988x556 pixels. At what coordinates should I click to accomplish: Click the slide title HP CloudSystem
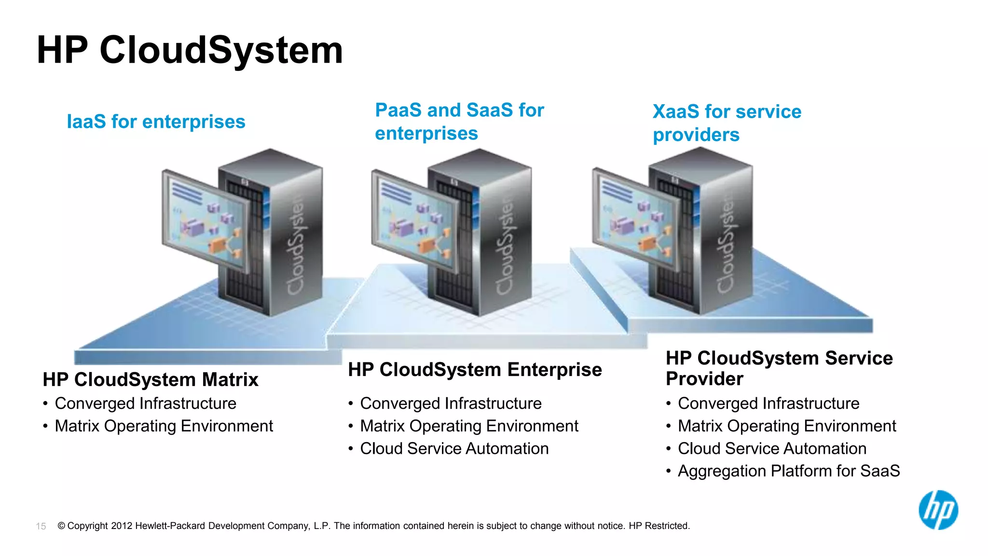click(x=190, y=50)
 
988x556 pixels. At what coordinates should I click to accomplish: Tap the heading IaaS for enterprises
click(x=156, y=122)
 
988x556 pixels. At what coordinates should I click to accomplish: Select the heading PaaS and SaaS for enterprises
click(x=459, y=122)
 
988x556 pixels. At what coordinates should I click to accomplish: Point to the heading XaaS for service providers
click(x=727, y=123)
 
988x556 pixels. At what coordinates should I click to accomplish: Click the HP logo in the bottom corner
click(x=938, y=510)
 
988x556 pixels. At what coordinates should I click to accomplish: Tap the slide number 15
click(x=41, y=526)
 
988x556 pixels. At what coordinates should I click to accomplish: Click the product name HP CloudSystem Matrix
click(x=151, y=380)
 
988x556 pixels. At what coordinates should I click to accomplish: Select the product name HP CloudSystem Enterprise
click(x=475, y=370)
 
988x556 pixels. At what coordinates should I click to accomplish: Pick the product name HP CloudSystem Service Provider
click(x=779, y=368)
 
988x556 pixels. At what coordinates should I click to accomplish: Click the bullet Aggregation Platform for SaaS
click(x=788, y=471)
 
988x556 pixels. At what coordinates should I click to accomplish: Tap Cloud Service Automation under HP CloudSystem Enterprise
click(x=454, y=449)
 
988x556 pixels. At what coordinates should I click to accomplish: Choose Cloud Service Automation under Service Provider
click(x=772, y=449)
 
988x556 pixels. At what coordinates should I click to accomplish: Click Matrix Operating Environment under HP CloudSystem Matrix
click(x=164, y=426)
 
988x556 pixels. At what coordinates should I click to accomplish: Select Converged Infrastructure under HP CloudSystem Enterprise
click(x=451, y=403)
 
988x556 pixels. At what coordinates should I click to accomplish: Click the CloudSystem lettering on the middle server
click(x=505, y=246)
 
